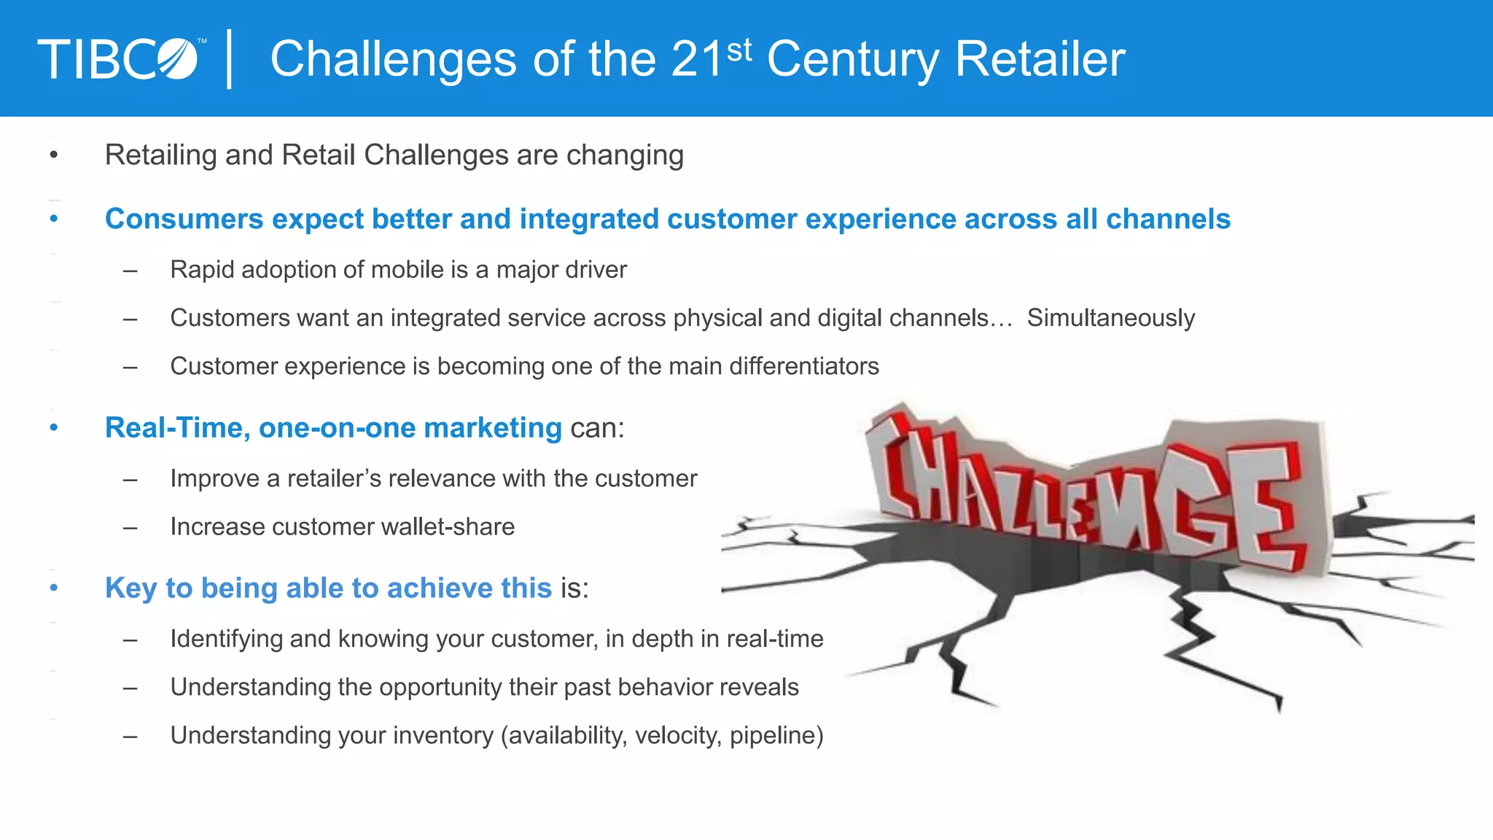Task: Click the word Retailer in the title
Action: [1040, 59]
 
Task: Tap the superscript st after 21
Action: [738, 50]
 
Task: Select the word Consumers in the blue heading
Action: [184, 219]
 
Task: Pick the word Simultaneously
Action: [1111, 318]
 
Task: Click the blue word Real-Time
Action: [177, 427]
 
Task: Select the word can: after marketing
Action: [597, 428]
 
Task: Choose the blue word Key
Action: [130, 588]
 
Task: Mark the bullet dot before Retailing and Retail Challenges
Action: [53, 155]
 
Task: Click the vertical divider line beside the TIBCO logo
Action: [230, 59]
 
